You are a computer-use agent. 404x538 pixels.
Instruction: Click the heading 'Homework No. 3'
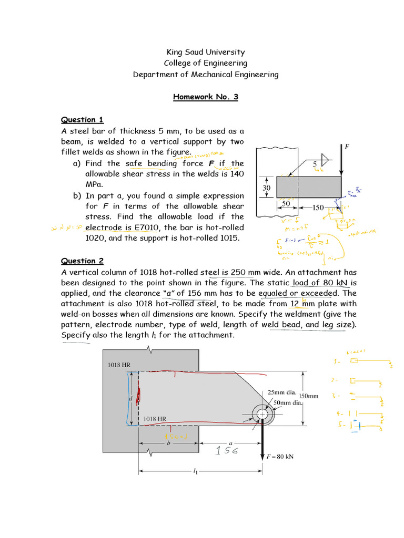(206, 97)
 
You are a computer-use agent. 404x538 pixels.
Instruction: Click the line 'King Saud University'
(206, 52)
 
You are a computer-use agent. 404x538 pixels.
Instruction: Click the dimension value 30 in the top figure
(266, 188)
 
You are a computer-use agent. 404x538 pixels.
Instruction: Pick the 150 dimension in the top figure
(318, 208)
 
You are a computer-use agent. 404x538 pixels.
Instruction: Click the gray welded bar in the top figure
(308, 187)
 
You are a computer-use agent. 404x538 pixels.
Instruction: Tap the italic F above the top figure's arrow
(347, 147)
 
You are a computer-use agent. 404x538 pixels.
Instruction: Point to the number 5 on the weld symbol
(315, 164)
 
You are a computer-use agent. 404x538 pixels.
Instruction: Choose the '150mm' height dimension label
(309, 397)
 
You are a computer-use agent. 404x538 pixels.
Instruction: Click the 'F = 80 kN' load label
(280, 457)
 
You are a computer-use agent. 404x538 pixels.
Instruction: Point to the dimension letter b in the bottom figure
(168, 443)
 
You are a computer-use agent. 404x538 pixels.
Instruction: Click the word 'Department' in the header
(153, 75)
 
